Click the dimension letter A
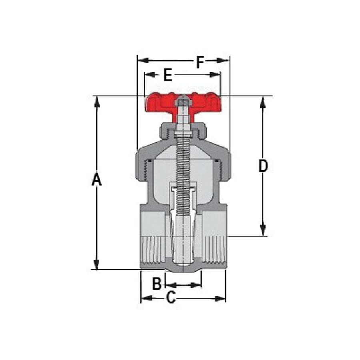point(96,180)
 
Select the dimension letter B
point(157,284)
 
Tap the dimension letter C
point(171,298)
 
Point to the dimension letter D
point(263,166)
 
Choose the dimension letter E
point(168,74)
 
